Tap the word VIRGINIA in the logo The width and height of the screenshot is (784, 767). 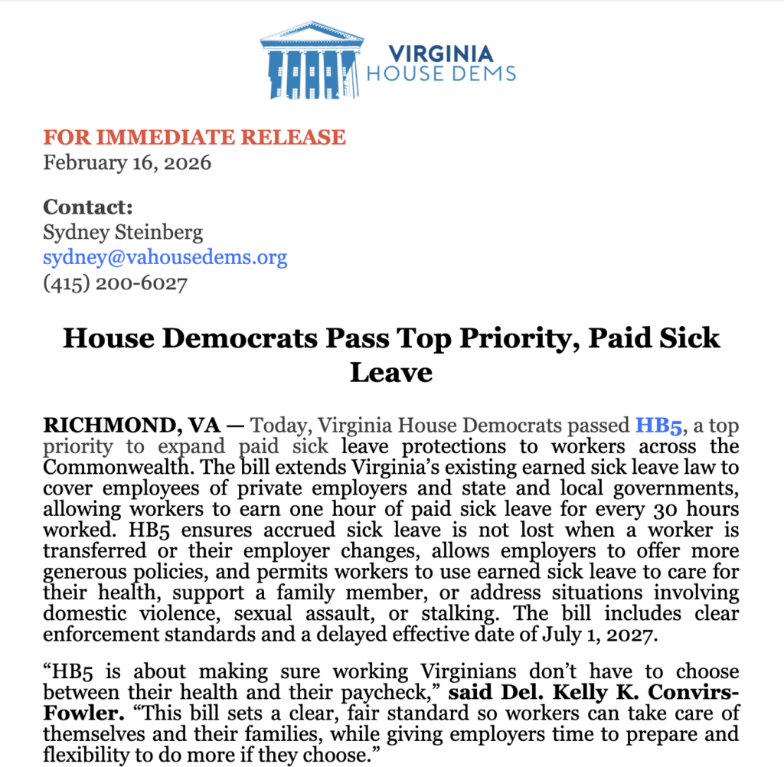tap(441, 54)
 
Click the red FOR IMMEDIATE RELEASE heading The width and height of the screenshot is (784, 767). tap(194, 138)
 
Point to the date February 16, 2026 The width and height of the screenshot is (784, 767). tap(127, 162)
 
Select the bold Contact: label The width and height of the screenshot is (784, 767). tap(88, 207)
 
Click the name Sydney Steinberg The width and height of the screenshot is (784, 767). tap(123, 232)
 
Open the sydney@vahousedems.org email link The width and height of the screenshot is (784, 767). tap(165, 257)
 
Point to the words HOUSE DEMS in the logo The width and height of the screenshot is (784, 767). tap(441, 74)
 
